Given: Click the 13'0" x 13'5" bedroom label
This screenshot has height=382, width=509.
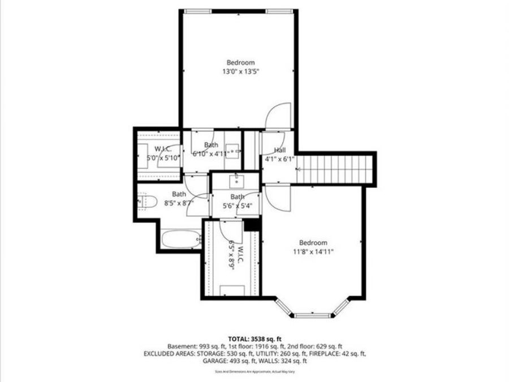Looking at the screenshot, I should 240,72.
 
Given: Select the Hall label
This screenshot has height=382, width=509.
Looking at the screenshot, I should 280,150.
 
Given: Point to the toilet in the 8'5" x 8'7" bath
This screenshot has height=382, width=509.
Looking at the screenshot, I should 148,201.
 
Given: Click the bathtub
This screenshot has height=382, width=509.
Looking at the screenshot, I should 180,239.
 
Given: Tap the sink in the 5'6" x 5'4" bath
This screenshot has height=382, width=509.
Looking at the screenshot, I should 237,182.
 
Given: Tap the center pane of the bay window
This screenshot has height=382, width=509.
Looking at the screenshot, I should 313,314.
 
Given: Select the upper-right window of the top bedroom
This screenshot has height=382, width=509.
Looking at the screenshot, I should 277,10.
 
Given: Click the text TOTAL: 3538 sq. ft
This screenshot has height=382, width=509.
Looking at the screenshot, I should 254,338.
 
